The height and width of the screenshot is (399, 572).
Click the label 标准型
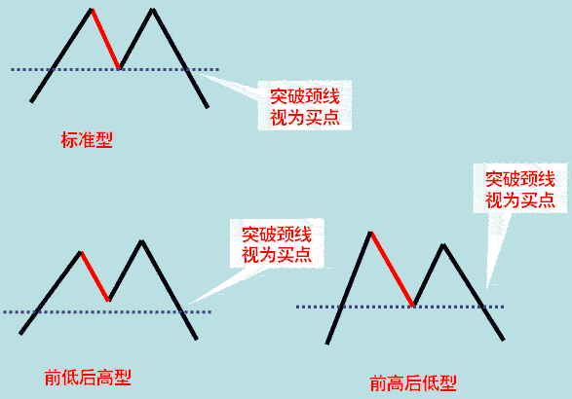(x=87, y=140)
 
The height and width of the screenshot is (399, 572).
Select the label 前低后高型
(x=88, y=378)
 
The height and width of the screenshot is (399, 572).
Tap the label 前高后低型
(x=413, y=383)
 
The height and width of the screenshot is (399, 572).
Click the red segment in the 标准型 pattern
(x=106, y=38)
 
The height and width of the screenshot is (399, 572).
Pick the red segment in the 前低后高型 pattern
(x=95, y=276)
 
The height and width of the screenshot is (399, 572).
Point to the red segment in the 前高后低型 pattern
(x=392, y=269)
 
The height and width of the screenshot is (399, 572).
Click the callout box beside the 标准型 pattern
(x=305, y=105)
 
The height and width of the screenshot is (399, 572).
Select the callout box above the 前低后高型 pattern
(x=277, y=243)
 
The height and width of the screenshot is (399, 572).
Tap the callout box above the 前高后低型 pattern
(x=520, y=189)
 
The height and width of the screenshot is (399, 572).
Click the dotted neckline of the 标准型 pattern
(x=115, y=69)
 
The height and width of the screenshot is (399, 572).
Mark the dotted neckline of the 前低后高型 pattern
(x=107, y=312)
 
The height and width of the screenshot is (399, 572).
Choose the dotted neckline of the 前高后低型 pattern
(x=400, y=307)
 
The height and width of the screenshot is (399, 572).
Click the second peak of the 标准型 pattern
(x=152, y=10)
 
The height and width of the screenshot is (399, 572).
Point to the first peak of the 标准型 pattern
(x=92, y=10)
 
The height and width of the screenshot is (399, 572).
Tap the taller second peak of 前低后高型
(x=141, y=241)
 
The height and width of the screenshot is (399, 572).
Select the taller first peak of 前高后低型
(x=370, y=233)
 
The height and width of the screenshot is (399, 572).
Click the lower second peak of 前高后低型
(x=443, y=245)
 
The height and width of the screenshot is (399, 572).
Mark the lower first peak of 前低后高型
(x=81, y=252)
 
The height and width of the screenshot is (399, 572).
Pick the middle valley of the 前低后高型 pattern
(x=109, y=300)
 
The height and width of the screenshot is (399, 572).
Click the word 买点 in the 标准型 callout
(x=323, y=118)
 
